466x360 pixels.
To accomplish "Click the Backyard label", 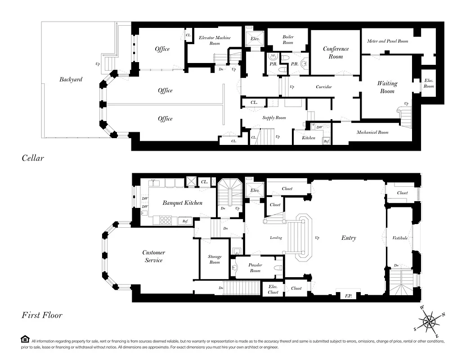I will pos(71,80).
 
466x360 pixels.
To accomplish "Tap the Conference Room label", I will pos(336,53).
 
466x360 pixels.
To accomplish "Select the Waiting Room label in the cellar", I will pos(387,87).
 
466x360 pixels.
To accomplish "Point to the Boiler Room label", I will pos(288,40).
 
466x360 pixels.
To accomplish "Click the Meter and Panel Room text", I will pos(387,41).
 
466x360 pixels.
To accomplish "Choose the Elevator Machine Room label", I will pos(215,40).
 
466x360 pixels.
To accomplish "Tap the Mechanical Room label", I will pos(372,132).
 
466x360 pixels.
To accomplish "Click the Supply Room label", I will pos(274,118).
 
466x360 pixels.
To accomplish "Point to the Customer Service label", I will pos(154,256).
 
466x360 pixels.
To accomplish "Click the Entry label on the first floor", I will pos(349,238).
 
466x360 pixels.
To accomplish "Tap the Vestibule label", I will pos(400,238).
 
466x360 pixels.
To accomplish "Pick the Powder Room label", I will pos(255,268).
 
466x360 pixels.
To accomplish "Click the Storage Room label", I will pos(215,259).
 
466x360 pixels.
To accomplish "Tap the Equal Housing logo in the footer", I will pos(25,339).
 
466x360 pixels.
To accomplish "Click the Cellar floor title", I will pos(33,158).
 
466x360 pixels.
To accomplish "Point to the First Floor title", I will pos(42,315).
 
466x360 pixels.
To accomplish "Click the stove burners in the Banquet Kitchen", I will pos(166,220).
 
